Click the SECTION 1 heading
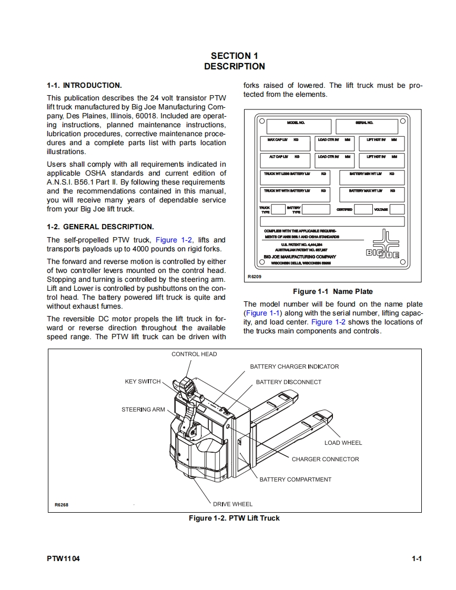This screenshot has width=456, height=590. [235, 56]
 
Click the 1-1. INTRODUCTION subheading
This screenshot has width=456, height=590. [84, 85]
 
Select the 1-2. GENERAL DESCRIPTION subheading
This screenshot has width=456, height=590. [100, 227]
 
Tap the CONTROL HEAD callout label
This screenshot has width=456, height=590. [194, 354]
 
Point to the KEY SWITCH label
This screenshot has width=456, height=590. [143, 381]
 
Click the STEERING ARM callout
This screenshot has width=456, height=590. [143, 409]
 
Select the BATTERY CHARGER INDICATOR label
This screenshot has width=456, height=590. [294, 367]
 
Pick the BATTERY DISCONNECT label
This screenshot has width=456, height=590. [288, 382]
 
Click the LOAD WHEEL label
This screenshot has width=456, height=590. [343, 443]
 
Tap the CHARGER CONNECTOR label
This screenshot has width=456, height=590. [325, 459]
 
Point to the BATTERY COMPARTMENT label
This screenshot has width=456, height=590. [295, 479]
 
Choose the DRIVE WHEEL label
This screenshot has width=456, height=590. [232, 504]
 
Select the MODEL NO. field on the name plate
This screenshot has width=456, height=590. [299, 127]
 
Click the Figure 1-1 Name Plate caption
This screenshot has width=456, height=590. [332, 291]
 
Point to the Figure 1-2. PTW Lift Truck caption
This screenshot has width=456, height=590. [234, 518]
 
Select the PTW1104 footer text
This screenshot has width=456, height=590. [63, 559]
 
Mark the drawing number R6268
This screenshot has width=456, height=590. [62, 505]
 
